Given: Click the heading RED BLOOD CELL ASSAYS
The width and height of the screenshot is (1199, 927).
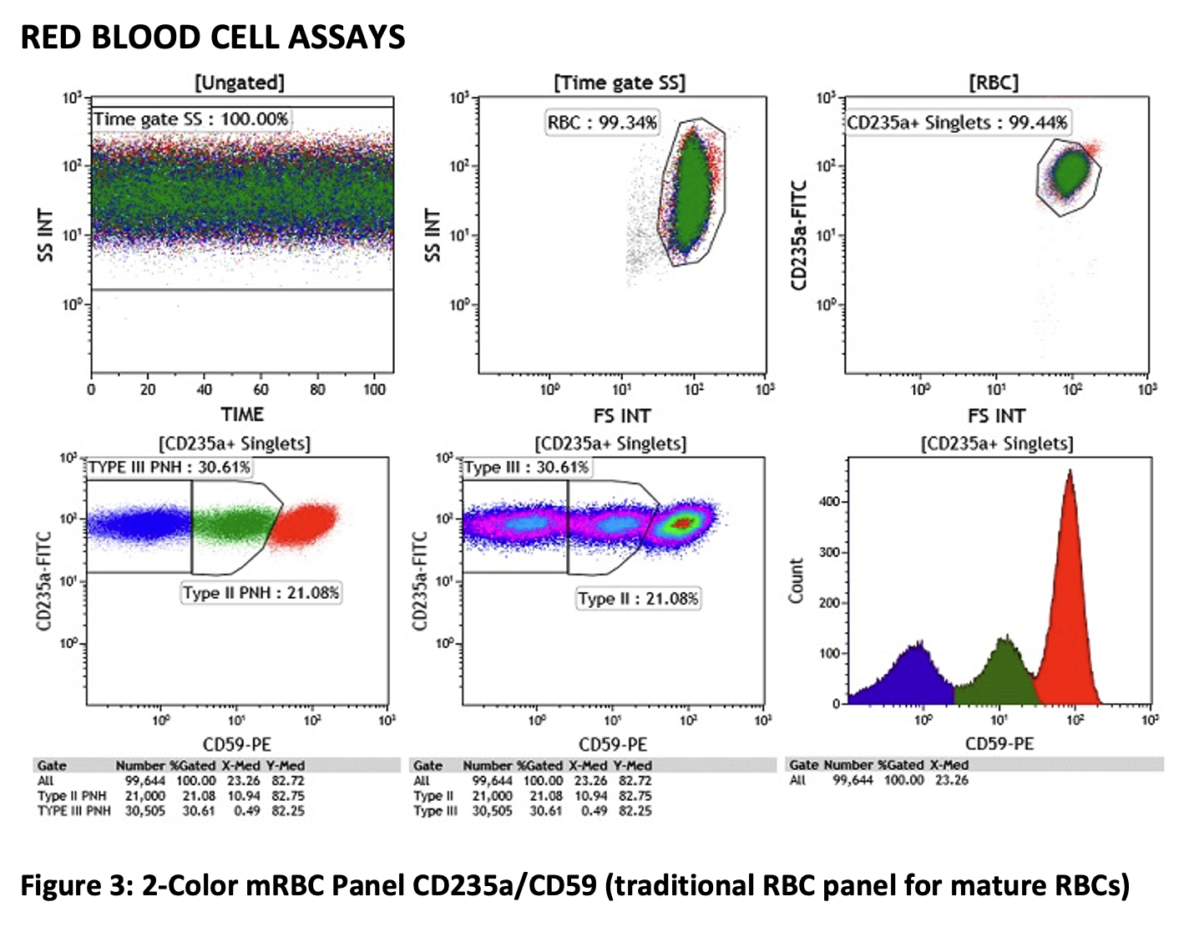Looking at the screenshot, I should tap(213, 38).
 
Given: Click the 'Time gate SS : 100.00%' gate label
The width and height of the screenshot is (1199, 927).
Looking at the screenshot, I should tap(190, 119).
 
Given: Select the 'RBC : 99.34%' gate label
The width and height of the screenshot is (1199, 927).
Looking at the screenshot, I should tap(602, 123).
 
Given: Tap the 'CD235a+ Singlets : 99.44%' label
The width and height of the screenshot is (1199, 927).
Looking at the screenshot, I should tap(957, 123).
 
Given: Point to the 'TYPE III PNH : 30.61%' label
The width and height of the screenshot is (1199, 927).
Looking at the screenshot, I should tap(169, 467).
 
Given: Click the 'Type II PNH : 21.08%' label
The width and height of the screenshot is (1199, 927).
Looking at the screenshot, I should tap(261, 593).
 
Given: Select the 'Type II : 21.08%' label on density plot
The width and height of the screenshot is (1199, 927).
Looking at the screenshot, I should tap(638, 599).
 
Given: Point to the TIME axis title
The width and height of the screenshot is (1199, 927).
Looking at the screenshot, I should tap(242, 414).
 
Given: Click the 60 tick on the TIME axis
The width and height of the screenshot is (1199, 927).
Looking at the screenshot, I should tap(261, 389).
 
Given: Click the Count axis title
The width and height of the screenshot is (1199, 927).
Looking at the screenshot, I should tap(796, 581).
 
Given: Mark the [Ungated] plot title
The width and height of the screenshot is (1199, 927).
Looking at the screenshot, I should tap(240, 83).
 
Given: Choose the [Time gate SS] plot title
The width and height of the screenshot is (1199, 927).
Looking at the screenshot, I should tap(620, 83).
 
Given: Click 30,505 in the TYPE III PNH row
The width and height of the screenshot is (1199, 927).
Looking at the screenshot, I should tap(145, 811).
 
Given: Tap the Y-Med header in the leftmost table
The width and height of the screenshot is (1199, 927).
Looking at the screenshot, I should tap(285, 766).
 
